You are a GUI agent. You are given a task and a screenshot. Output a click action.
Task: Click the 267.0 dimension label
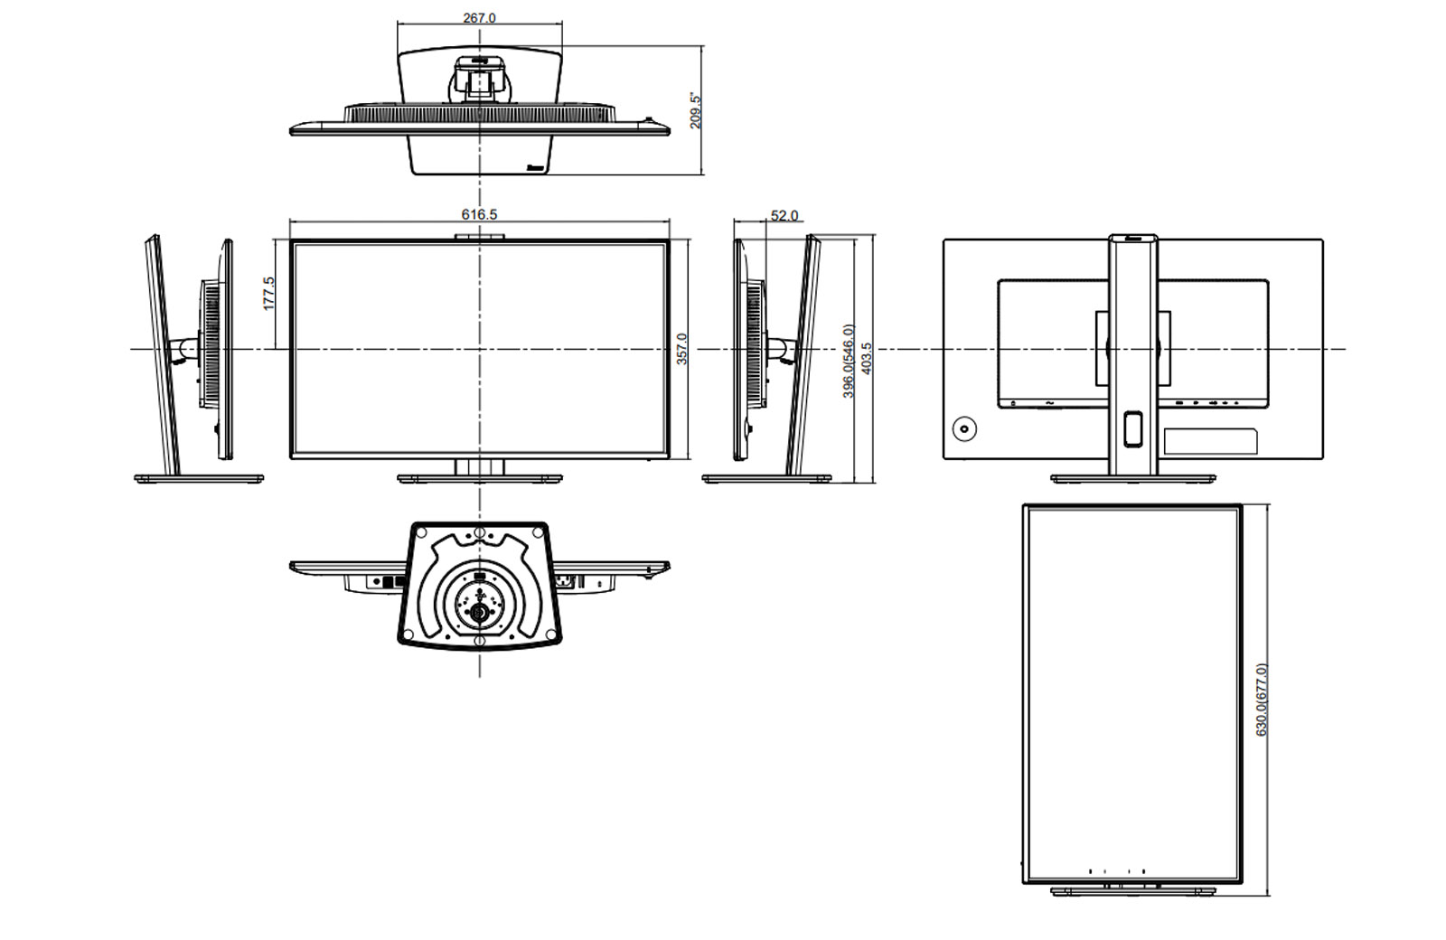click(x=479, y=18)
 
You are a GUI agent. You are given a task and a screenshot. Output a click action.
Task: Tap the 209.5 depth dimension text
click(x=695, y=110)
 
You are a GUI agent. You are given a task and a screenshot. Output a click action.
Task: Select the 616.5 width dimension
click(x=479, y=214)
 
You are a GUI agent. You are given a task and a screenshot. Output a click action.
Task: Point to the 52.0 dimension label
click(x=784, y=216)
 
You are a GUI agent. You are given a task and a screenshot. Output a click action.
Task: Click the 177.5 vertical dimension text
click(x=268, y=294)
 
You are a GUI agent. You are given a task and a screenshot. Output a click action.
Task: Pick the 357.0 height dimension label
click(x=681, y=349)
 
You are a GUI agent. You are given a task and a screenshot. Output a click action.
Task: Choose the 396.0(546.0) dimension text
click(x=849, y=361)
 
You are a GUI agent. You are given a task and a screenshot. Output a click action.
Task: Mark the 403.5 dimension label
click(x=867, y=358)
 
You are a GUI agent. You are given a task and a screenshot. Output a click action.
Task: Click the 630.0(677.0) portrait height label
click(x=1262, y=700)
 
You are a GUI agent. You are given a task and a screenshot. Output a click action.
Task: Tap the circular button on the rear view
click(x=964, y=428)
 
